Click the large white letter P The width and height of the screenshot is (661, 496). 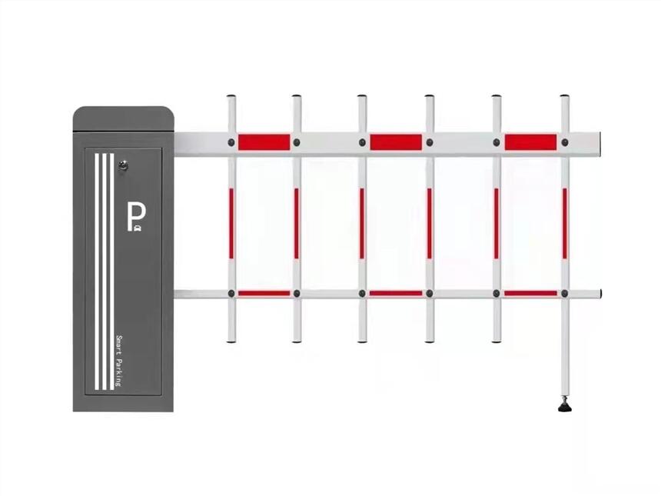pos(135,215)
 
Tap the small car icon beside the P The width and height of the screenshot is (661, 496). pos(138,228)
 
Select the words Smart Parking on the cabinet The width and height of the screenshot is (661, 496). pos(118,361)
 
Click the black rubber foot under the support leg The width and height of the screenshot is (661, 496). pos(564,407)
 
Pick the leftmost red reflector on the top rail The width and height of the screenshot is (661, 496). pos(264,142)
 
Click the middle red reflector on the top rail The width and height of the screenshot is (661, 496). pos(396,142)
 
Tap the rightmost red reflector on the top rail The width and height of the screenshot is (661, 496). pos(530,142)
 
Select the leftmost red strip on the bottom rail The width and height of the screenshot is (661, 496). pos(264,293)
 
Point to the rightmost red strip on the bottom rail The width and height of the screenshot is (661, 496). pos(530,293)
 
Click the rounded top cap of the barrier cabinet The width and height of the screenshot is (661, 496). pos(124,118)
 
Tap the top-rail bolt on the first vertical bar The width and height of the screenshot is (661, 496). pos(231,142)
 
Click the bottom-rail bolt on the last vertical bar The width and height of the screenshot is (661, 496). pos(564,293)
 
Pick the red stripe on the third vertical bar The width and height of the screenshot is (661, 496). pos(362,223)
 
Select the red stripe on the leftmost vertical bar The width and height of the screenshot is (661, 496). pos(231,223)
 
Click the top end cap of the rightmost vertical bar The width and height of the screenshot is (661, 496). pos(565,97)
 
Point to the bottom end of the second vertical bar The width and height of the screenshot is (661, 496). pos(297,341)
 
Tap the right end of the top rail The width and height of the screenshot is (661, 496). pos(599,145)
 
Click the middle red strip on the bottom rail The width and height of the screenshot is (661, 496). pos(396,293)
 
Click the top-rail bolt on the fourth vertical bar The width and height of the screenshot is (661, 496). pos(430,142)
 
